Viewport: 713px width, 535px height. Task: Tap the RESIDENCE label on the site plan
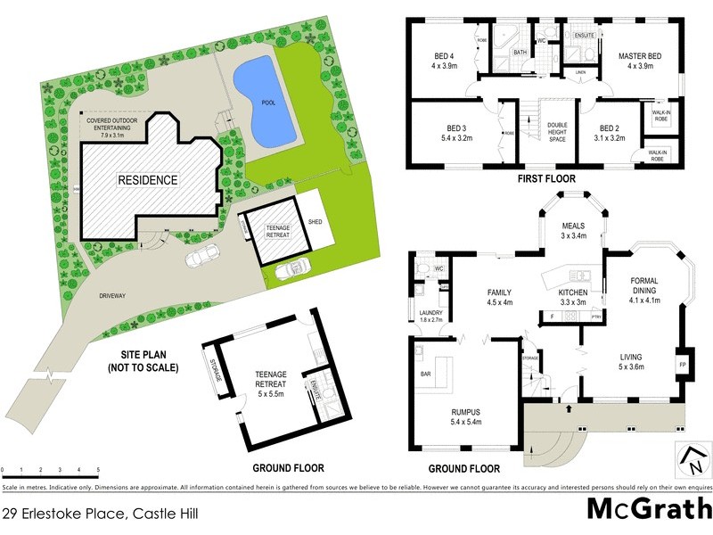(x=148, y=180)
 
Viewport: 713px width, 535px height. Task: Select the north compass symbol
(x=693, y=461)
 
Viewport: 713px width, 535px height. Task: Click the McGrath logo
(x=648, y=510)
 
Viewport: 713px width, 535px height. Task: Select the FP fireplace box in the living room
(x=683, y=366)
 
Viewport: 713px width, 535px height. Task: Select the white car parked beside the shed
(x=292, y=268)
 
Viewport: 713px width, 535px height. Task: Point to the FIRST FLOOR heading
(x=547, y=179)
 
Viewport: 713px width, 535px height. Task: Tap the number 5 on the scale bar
(x=98, y=469)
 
